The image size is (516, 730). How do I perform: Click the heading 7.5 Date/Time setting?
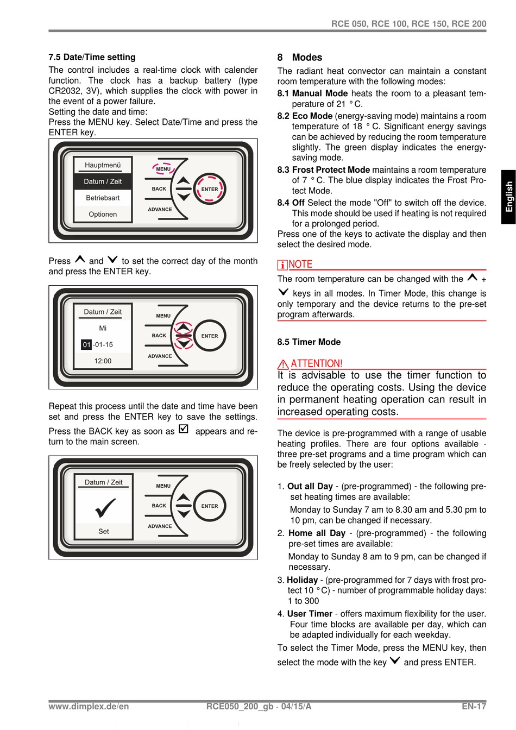coord(92,57)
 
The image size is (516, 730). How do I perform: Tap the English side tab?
coord(508,197)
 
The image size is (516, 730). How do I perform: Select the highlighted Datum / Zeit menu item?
coord(103,181)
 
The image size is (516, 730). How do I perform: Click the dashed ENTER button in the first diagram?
coord(209,189)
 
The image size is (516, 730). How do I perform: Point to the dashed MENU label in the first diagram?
coord(163,169)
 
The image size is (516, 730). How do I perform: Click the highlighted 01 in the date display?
coord(87,344)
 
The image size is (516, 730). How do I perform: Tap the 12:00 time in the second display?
coord(103,361)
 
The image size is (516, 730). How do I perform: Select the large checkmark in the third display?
coord(104,508)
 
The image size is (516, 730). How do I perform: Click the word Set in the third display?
coord(104,531)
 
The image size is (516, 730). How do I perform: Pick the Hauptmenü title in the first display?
coord(103,165)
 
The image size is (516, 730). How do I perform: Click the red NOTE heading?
coord(300,265)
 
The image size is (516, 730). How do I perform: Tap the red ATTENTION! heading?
coord(317,363)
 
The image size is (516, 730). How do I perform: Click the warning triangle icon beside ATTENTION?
coord(283,364)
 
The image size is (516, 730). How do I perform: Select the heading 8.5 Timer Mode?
coord(309,342)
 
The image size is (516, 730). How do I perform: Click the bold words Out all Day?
coord(310,486)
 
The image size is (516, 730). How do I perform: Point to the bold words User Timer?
coord(310,613)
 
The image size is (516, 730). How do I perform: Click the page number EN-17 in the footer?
coord(474,706)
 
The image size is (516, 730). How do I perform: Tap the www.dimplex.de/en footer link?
coord(89,706)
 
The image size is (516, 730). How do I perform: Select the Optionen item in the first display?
coord(103,214)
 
